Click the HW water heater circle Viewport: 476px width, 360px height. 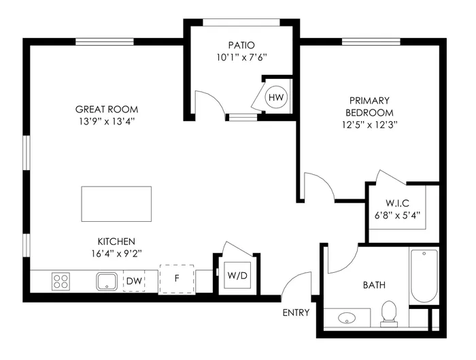pyautogui.click(x=275, y=97)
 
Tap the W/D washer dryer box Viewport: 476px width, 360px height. pyautogui.click(x=237, y=276)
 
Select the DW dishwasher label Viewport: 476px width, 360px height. pyautogui.click(x=133, y=280)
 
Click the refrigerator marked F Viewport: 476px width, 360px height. pyautogui.click(x=177, y=279)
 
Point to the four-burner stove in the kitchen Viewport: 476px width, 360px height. pyautogui.click(x=61, y=280)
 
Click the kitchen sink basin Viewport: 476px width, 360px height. pyautogui.click(x=107, y=280)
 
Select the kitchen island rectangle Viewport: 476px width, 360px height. pyautogui.click(x=116, y=203)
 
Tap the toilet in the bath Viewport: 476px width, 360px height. pyautogui.click(x=389, y=312)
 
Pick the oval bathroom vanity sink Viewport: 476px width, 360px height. pyautogui.click(x=347, y=318)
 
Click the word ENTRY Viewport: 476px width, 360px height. pyautogui.click(x=296, y=313)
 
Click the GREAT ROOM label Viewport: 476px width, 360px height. pyautogui.click(x=107, y=109)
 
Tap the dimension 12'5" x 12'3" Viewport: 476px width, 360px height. pyautogui.click(x=369, y=125)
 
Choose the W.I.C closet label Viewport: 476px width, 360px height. pyautogui.click(x=398, y=202)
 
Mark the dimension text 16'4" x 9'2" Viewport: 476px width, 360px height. pyautogui.click(x=116, y=253)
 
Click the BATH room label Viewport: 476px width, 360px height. pyautogui.click(x=374, y=284)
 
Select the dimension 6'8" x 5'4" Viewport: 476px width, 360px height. pyautogui.click(x=398, y=214)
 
